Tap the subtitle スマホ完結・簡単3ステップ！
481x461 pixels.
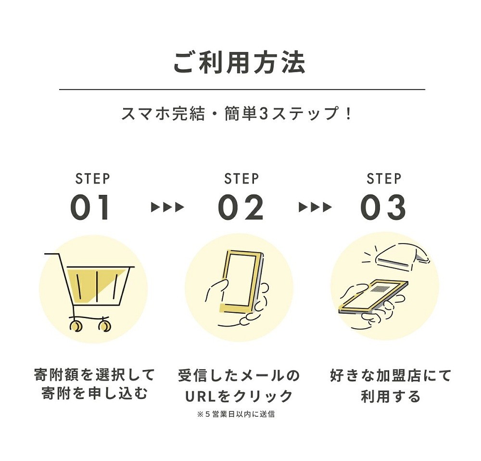tap(237, 114)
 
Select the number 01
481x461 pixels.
tap(89, 208)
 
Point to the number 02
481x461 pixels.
tap(241, 208)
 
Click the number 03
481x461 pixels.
tap(383, 208)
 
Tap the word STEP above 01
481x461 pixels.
tap(93, 179)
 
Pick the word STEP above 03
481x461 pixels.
tap(384, 179)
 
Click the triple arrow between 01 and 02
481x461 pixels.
tap(167, 207)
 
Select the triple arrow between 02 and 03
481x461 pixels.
tap(316, 207)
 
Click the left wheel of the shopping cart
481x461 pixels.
tap(76, 326)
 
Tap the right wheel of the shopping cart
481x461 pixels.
tap(105, 326)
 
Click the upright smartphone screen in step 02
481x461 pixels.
tap(241, 280)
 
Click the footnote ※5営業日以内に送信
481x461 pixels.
tap(236, 414)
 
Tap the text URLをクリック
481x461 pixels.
tap(239, 396)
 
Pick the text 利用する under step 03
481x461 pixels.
tap(390, 396)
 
